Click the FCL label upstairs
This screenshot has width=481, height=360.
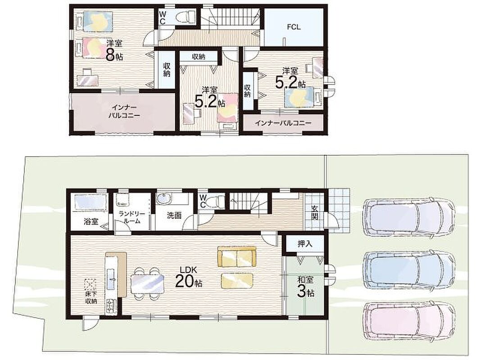pos(294,27)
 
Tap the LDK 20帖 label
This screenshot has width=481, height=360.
pos(188,277)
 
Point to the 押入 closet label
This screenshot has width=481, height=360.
pos(305,243)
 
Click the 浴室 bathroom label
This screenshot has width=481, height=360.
pos(91,221)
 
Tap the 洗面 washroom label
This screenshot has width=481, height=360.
pos(174,216)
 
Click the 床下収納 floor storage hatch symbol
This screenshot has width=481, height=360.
pos(91,285)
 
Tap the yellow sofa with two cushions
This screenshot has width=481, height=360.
pos(236,257)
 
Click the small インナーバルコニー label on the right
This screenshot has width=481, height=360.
pos(283,123)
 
